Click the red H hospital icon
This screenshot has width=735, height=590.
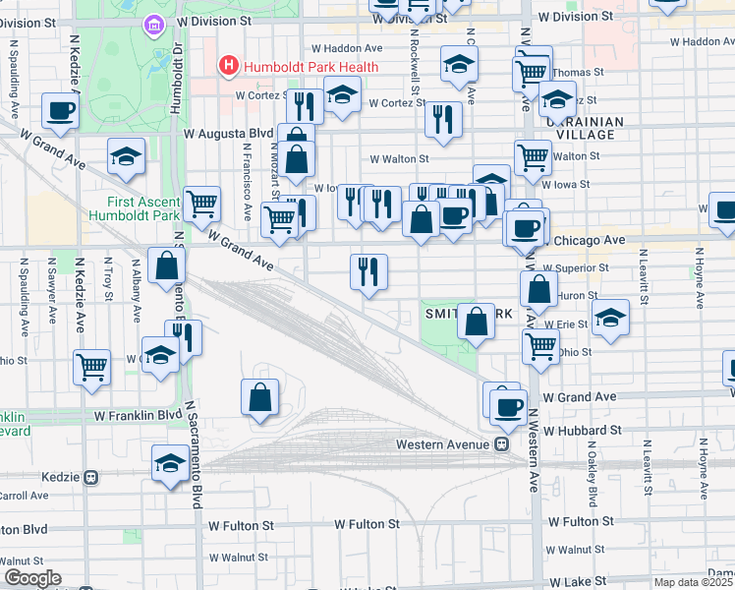coord(229,67)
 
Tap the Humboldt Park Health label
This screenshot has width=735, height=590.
coord(303,67)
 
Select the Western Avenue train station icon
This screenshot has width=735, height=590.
coord(501,444)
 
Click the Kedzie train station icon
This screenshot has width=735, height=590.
coord(90,477)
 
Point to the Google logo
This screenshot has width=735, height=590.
coord(32,578)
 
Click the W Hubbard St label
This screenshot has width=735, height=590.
coord(581,431)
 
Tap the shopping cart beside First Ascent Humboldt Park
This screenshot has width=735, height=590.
coord(200,205)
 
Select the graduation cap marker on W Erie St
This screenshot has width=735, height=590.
coord(610,317)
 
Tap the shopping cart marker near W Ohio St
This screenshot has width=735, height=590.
coord(539,346)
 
